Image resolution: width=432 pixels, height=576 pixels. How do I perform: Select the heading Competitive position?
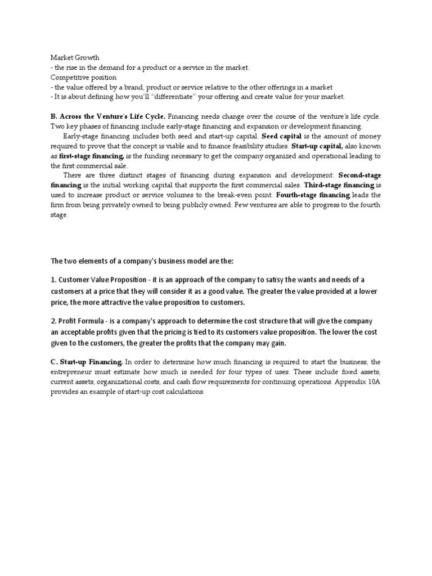(x=83, y=77)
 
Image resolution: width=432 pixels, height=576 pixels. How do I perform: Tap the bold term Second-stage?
(x=359, y=175)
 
